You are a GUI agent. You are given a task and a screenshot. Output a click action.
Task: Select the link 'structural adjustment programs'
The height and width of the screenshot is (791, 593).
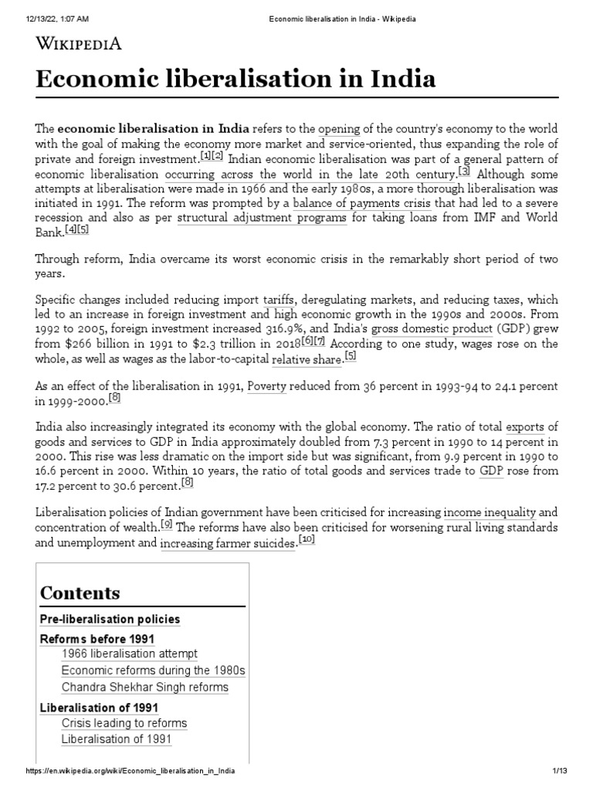tap(262, 219)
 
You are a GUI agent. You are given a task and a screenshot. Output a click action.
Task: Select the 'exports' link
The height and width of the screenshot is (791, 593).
tap(524, 427)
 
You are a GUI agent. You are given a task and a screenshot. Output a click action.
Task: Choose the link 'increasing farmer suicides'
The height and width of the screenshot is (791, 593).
tap(228, 544)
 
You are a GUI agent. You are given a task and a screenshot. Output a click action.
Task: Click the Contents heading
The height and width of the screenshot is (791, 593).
tap(80, 593)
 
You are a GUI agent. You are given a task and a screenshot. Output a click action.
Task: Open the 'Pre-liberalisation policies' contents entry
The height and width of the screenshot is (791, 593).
tap(110, 620)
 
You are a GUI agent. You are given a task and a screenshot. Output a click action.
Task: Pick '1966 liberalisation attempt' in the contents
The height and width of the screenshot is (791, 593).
tap(130, 654)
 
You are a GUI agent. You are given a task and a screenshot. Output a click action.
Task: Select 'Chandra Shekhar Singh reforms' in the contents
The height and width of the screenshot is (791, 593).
tap(144, 687)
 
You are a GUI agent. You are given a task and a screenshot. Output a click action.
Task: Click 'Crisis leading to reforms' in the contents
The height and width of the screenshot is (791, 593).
tap(124, 723)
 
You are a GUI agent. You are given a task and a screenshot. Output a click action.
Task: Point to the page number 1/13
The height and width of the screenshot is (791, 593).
tap(560, 772)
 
